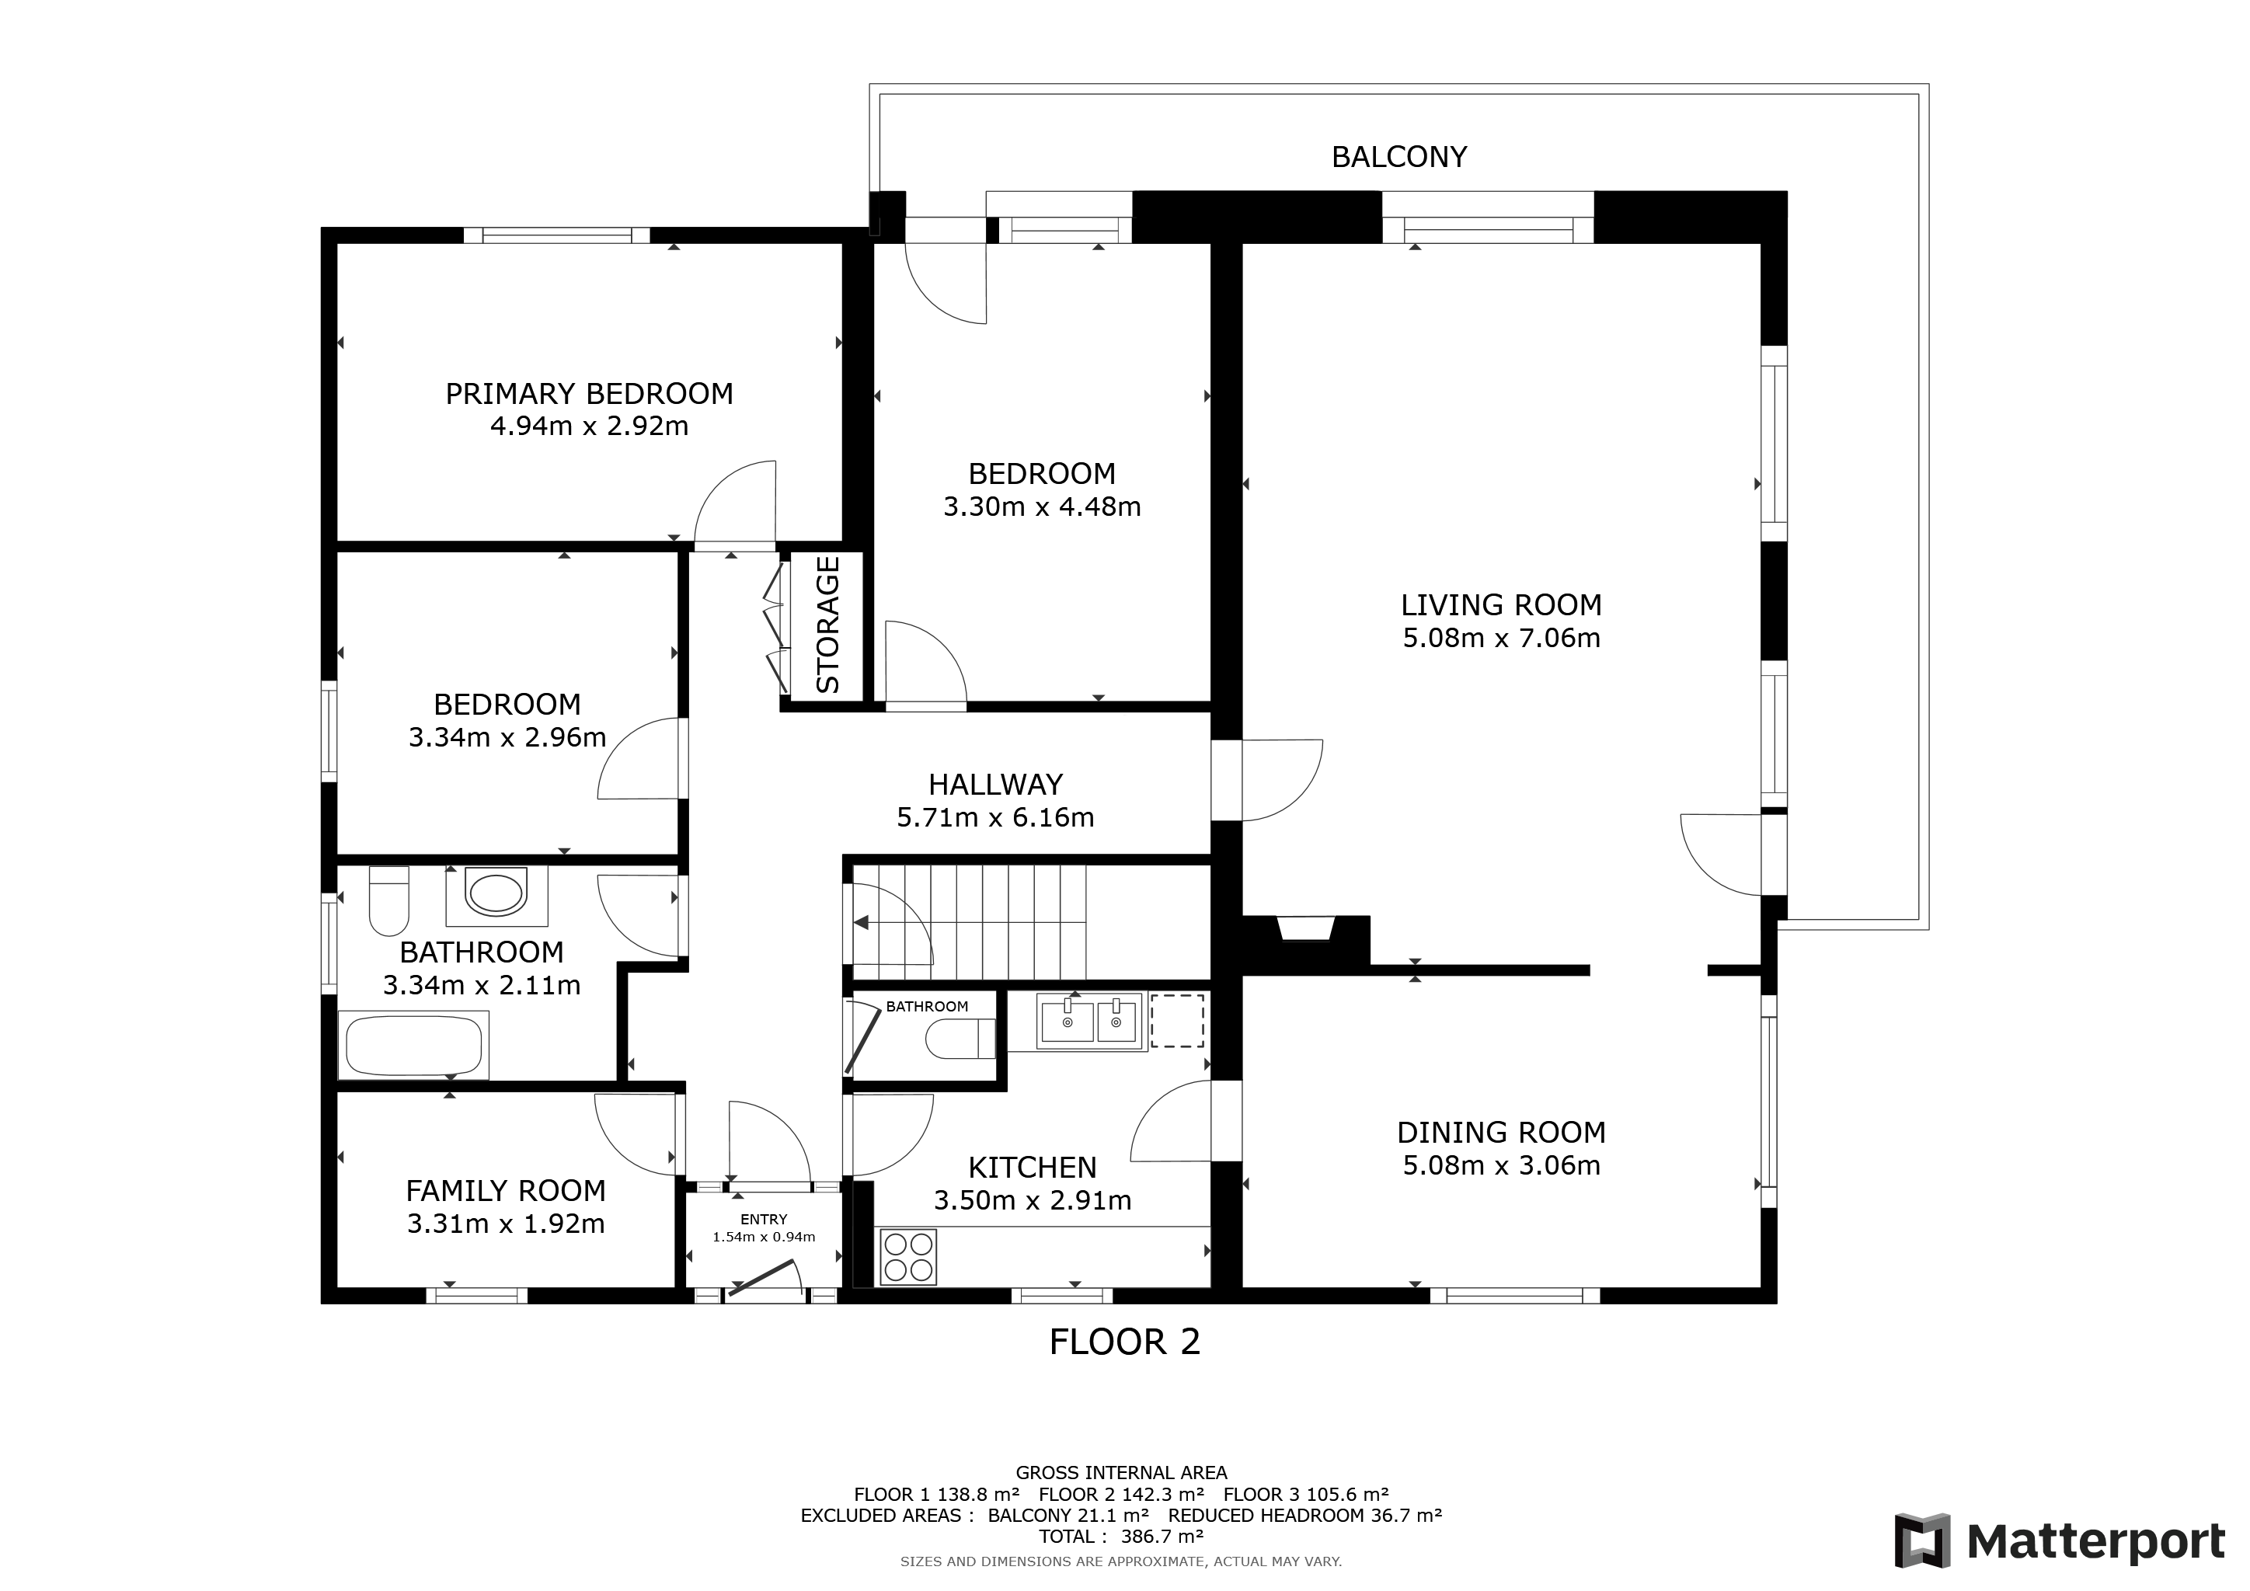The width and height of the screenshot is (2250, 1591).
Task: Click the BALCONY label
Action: click(1398, 157)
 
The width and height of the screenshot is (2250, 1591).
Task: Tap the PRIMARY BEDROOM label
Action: click(589, 394)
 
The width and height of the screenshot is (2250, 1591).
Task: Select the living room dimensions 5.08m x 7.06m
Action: click(1501, 639)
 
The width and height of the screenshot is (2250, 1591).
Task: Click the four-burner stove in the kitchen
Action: click(908, 1257)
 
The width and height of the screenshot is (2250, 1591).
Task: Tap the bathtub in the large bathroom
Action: click(413, 1046)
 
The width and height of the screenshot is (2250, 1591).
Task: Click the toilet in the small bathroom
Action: click(961, 1039)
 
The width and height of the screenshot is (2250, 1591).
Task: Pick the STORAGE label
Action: click(828, 625)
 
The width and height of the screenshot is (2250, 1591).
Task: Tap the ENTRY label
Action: click(765, 1220)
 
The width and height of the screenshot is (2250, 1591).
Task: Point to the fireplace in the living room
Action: click(1305, 929)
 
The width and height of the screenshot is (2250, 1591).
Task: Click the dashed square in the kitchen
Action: click(1177, 1021)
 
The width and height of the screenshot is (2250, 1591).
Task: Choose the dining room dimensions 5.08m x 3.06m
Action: click(1501, 1166)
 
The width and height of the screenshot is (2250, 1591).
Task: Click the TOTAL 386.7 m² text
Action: click(1121, 1537)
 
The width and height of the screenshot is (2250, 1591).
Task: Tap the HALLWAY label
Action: click(996, 785)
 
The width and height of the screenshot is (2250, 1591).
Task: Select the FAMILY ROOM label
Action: click(506, 1191)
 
